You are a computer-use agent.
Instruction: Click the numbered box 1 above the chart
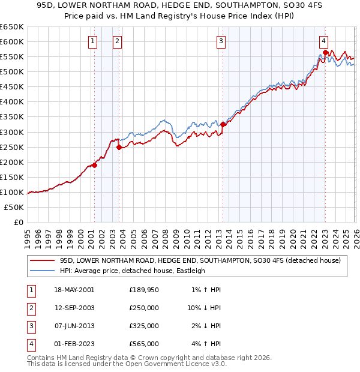[93, 41]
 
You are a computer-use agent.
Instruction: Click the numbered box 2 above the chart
[117, 41]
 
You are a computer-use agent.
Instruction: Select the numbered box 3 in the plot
[221, 41]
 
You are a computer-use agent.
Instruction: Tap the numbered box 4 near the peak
[323, 41]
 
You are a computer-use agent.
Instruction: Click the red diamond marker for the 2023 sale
[325, 52]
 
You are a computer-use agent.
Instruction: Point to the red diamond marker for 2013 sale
[223, 124]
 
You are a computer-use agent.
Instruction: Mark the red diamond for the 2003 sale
[119, 147]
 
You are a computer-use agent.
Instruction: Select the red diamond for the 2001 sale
[94, 165]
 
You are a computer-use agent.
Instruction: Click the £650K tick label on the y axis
[12, 27]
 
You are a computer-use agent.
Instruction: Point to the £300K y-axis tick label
[12, 132]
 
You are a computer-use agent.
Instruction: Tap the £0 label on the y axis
[18, 223]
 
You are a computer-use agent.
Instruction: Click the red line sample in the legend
[42, 260]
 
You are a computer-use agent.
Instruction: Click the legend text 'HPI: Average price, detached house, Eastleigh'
[132, 271]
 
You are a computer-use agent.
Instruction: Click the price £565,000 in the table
[144, 344]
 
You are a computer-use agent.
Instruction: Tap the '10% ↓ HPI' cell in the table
[204, 308]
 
